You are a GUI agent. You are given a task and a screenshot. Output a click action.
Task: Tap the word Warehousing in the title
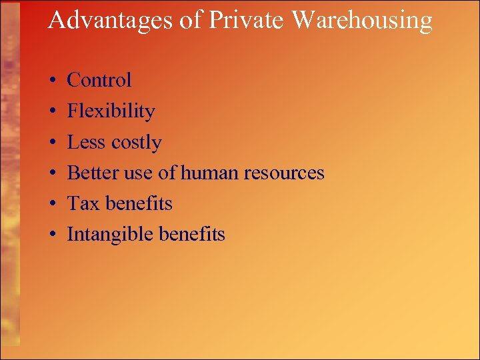363,21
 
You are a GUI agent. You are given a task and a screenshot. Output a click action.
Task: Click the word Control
99,80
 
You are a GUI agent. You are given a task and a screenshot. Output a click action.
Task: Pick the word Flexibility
111,111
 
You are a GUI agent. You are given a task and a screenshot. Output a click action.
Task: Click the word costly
136,143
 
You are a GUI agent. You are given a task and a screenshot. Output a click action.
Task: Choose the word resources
284,173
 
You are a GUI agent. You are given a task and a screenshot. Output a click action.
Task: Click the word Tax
83,203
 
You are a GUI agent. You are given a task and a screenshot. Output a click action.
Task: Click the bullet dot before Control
52,81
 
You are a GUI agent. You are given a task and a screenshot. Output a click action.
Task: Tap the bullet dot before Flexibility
52,112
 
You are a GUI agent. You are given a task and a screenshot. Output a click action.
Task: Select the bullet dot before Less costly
52,143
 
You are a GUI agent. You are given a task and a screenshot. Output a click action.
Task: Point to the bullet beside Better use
52,173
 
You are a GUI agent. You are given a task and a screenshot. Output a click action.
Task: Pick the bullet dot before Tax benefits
52,204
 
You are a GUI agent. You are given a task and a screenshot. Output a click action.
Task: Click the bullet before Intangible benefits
52,235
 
